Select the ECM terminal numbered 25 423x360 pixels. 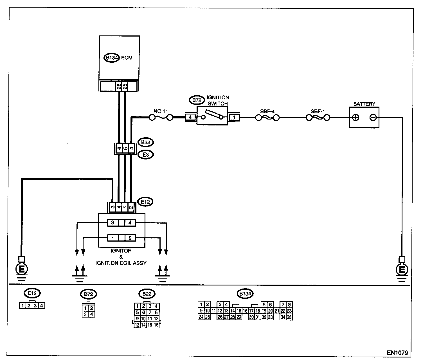click(125, 86)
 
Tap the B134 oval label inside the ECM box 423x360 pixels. click(112, 58)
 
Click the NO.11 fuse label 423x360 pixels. click(161, 111)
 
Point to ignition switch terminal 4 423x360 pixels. click(190, 117)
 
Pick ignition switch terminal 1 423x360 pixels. click(234, 117)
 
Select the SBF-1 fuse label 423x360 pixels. click(318, 111)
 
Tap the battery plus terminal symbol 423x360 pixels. click(356, 117)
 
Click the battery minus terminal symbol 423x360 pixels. click(373, 117)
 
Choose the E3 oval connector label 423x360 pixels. click(145, 155)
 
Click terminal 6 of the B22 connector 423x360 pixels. click(119, 148)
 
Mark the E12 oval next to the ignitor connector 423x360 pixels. click(145, 202)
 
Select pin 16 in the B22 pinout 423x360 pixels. click(157, 325)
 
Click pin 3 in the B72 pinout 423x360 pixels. click(85, 314)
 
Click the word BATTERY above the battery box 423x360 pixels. click(364, 104)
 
